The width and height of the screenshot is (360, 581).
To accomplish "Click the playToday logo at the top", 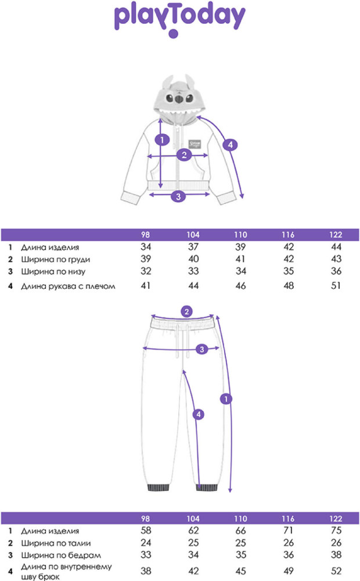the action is pos(179,18).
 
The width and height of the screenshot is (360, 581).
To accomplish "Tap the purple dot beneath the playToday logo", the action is pos(174,34).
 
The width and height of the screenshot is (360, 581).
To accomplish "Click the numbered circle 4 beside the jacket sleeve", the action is pos(230,145).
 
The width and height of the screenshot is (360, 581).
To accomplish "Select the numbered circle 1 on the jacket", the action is pos(162,140).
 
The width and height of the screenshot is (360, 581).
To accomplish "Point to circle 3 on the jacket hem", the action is pos(178,196).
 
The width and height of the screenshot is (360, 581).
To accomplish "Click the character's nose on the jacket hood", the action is pos(179,99).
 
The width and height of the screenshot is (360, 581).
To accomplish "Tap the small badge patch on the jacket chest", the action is pos(195,144).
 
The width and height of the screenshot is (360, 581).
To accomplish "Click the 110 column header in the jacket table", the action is pos(240,235).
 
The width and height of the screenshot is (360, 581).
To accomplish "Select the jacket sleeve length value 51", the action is pos(336,286).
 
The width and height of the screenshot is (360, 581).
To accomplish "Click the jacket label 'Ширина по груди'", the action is pos(56,259).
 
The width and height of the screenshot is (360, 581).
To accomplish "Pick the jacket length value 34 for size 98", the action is pos(146,247).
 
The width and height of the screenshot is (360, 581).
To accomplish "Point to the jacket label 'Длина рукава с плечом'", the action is pos(68,286).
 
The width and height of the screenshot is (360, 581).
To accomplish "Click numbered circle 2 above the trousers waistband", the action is pos(186,311).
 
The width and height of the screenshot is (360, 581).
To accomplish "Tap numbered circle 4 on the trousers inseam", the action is pos(199,414).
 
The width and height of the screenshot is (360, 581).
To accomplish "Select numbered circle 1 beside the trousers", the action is pos(226,399).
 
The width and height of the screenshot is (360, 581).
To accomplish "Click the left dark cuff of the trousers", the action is pos(159,487).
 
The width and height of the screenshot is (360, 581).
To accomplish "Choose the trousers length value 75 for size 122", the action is pos(336,530).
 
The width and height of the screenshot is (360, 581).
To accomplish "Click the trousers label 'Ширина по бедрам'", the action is pos(61,555).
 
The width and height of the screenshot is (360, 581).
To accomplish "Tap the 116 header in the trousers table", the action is pos(288,519).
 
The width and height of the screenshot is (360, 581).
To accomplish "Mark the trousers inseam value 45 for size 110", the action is pos(240,571).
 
